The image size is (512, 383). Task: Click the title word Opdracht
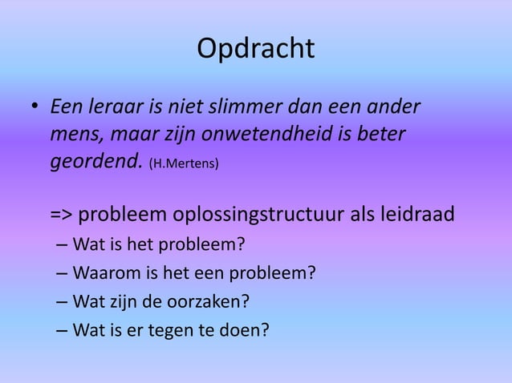tap(255, 49)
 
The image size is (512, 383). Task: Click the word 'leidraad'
tap(419, 216)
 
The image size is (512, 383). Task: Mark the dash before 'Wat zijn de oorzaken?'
tap(62, 302)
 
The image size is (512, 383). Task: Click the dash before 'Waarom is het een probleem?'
tap(62, 273)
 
